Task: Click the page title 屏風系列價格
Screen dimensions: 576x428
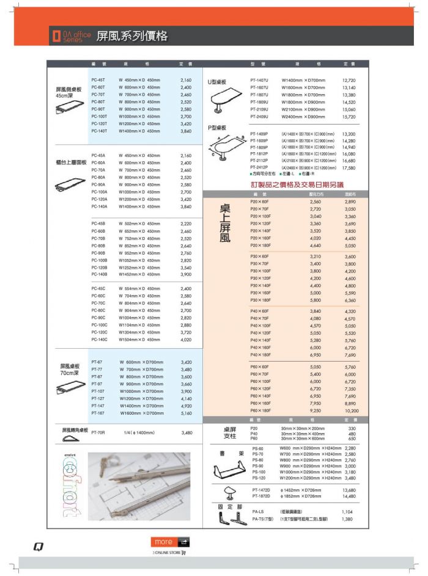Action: (131, 36)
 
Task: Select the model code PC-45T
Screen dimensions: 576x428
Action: (98, 80)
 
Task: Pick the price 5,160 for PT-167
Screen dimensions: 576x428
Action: (186, 413)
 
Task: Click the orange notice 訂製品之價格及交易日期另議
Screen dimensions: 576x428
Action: (297, 184)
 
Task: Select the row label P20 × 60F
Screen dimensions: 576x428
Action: (259, 202)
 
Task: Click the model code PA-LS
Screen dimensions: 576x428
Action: (257, 511)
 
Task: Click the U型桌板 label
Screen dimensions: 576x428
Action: (217, 81)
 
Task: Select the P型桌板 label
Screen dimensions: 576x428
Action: (217, 128)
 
